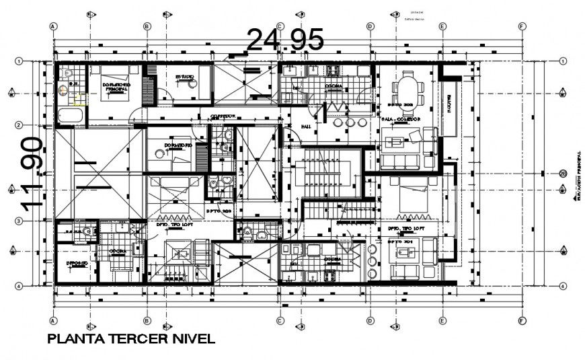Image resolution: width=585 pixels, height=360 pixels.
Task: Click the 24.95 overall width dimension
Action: [285, 40]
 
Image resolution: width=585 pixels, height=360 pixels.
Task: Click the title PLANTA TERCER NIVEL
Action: [132, 338]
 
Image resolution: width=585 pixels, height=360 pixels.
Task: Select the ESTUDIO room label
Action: [185, 77]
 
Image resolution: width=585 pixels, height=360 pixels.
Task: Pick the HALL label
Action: [306, 126]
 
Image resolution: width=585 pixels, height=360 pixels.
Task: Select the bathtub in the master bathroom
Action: [70, 115]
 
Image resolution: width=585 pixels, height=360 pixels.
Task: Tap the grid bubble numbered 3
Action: [19, 221]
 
